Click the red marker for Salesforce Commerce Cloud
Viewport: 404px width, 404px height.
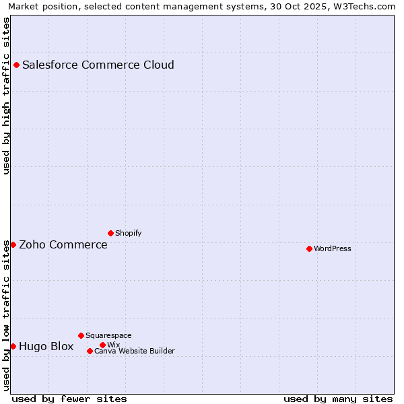click(x=17, y=65)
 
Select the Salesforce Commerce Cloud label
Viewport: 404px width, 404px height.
click(x=98, y=65)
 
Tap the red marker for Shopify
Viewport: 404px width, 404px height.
click(x=110, y=233)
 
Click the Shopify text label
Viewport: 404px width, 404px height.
click(x=128, y=234)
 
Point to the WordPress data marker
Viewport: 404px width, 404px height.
click(x=309, y=248)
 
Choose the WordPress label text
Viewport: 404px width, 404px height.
click(x=332, y=249)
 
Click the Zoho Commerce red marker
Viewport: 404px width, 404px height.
click(x=13, y=244)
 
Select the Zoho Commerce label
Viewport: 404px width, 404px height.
click(x=63, y=245)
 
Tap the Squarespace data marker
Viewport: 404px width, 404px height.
click(x=81, y=335)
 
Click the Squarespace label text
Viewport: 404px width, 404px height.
click(x=108, y=336)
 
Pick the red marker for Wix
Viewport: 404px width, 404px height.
click(x=102, y=345)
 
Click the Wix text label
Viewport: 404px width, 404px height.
click(x=113, y=345)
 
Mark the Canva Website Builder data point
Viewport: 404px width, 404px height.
click(x=90, y=351)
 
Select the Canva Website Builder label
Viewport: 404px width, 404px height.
click(x=135, y=351)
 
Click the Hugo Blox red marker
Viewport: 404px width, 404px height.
click(x=13, y=346)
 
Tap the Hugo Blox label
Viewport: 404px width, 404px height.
click(x=46, y=347)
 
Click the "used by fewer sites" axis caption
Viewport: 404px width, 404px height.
click(x=69, y=399)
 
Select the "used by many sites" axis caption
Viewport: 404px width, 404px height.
click(x=338, y=399)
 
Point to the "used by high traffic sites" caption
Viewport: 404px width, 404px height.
click(x=7, y=96)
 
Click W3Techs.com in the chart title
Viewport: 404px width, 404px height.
click(x=366, y=7)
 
